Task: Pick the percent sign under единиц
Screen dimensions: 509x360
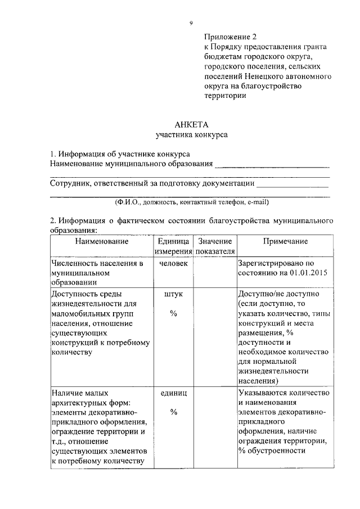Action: [x=174, y=412]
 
